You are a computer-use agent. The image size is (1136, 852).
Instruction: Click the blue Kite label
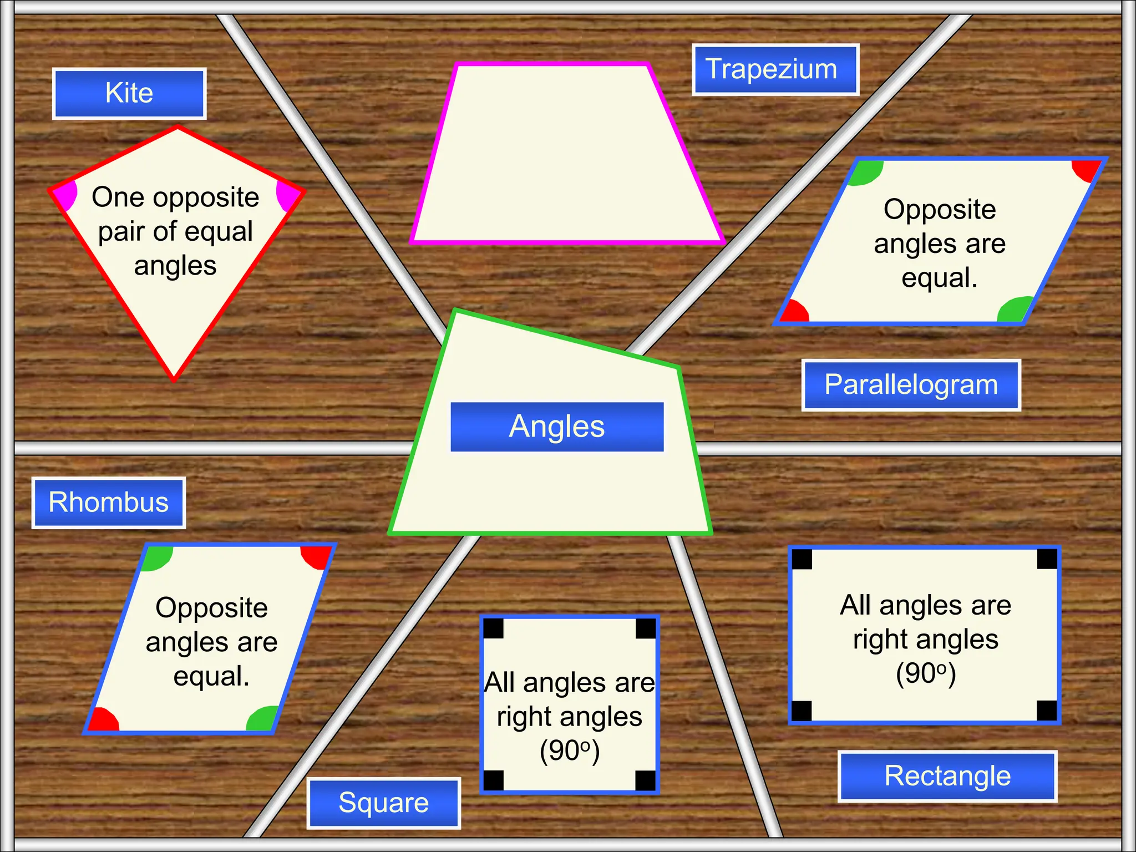(x=129, y=93)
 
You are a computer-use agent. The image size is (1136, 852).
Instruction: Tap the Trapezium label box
(x=775, y=69)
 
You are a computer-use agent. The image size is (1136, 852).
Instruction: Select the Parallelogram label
(x=911, y=385)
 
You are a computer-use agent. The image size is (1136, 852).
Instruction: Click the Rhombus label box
(x=109, y=503)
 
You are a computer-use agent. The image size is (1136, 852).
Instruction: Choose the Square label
(x=383, y=803)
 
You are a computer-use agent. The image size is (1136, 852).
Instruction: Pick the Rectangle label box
(x=947, y=776)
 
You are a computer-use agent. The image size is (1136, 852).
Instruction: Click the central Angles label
(x=557, y=427)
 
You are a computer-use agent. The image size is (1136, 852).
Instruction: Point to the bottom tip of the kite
(x=174, y=378)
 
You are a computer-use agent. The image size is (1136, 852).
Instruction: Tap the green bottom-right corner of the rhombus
(x=262, y=719)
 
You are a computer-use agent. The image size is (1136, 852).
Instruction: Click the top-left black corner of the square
(x=493, y=628)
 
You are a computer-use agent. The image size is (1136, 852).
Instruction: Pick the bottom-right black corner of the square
(x=646, y=780)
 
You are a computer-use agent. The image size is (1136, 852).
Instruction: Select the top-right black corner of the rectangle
(x=1047, y=559)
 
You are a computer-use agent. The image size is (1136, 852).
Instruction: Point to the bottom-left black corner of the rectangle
(x=802, y=711)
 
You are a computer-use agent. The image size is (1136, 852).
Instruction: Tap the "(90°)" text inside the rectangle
(x=925, y=673)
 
